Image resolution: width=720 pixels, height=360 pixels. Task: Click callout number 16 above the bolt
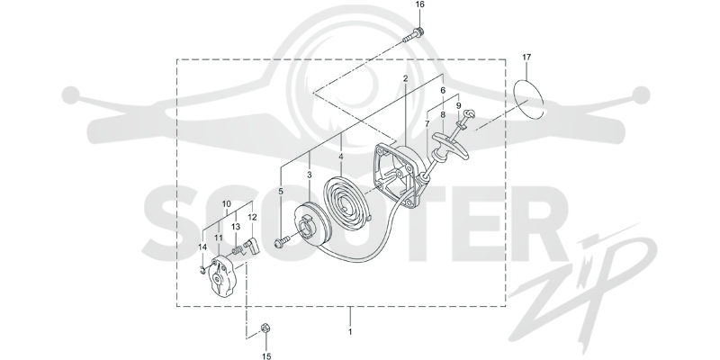click(420, 4)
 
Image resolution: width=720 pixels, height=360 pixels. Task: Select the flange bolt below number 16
click(413, 35)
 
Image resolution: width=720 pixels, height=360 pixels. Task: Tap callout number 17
click(526, 58)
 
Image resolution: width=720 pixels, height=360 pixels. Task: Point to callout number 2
click(406, 78)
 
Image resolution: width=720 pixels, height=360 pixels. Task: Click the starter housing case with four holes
click(400, 175)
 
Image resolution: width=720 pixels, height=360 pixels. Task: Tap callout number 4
click(341, 157)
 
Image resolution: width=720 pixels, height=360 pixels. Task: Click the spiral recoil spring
click(346, 201)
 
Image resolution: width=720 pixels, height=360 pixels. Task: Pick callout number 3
click(310, 175)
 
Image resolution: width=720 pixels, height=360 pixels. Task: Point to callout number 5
click(281, 191)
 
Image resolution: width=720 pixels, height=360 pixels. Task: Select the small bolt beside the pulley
click(282, 241)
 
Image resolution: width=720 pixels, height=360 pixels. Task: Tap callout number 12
click(253, 217)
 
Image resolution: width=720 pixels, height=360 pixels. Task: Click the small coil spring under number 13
click(237, 250)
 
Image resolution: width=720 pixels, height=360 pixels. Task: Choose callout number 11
click(218, 238)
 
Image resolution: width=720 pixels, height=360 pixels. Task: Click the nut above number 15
click(265, 328)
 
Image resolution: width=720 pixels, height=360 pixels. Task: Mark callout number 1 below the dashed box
click(350, 331)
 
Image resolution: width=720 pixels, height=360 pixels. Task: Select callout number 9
click(458, 105)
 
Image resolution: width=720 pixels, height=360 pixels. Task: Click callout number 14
click(202, 247)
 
